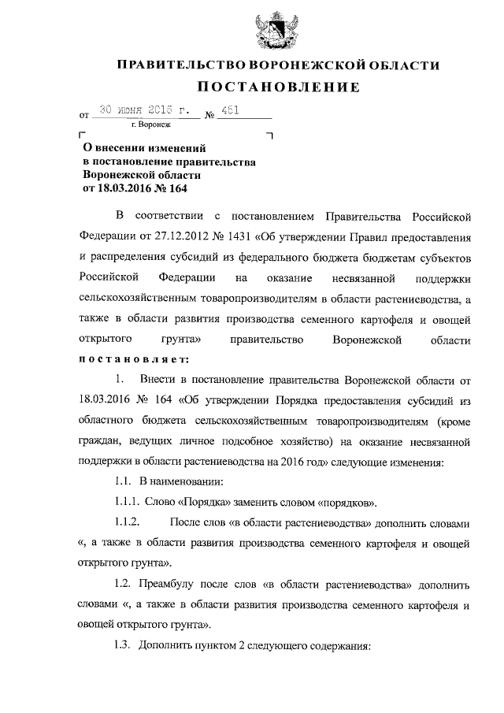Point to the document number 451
pos(236,112)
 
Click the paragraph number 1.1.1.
pos(128,502)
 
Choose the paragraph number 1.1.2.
pos(128,522)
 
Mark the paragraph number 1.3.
pos(124,645)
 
